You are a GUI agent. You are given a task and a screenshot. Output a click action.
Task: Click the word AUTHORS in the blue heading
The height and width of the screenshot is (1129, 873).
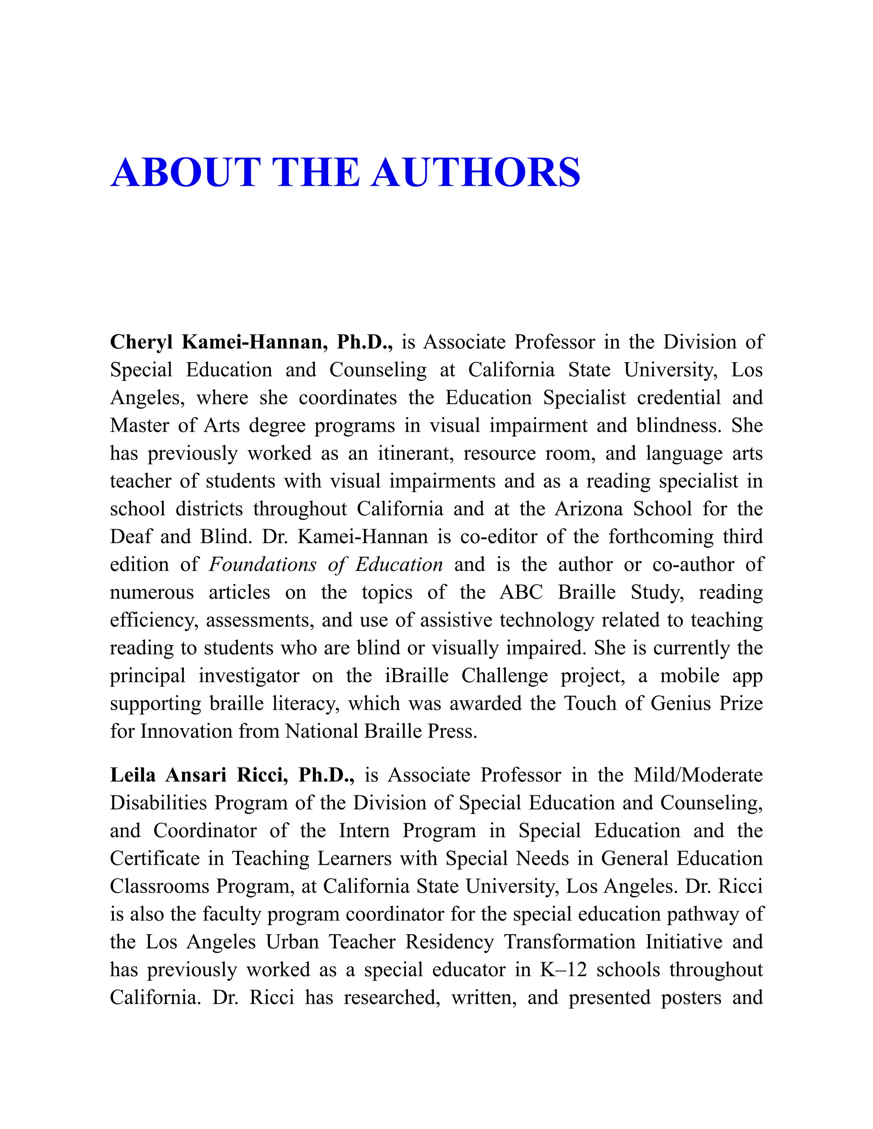point(475,173)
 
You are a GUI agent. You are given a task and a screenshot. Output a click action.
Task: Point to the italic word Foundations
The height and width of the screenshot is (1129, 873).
point(263,564)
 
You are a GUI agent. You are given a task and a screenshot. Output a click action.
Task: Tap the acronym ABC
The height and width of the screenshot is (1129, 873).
point(521,593)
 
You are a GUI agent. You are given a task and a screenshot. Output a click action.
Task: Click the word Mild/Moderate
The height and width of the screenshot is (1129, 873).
point(698,775)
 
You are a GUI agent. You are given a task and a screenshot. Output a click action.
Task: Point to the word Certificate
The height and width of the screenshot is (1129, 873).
point(155,858)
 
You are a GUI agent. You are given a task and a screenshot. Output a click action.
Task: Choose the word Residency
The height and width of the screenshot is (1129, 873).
point(449,942)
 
